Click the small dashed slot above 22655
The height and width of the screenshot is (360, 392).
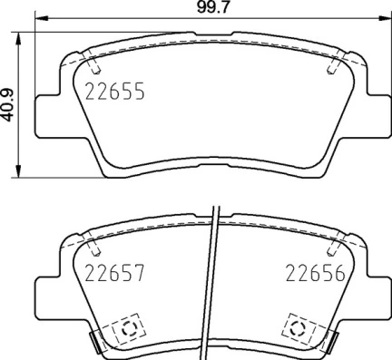coord(94,65)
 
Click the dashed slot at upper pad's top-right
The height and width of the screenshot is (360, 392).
coord(332,65)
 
